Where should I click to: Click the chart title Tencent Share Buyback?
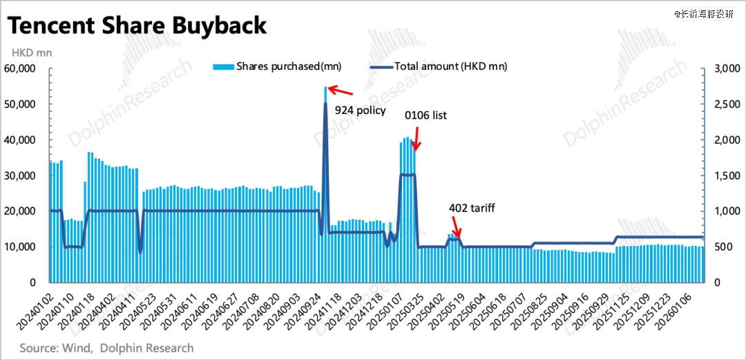[x=137, y=26]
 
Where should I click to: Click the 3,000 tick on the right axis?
[x=727, y=69]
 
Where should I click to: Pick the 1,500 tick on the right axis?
[x=727, y=176]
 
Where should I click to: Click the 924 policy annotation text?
[x=360, y=110]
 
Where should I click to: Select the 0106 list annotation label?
[x=425, y=115]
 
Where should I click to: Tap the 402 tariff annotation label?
[x=472, y=207]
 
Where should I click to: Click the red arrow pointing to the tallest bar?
[x=341, y=90]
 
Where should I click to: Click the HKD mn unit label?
[x=31, y=52]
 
